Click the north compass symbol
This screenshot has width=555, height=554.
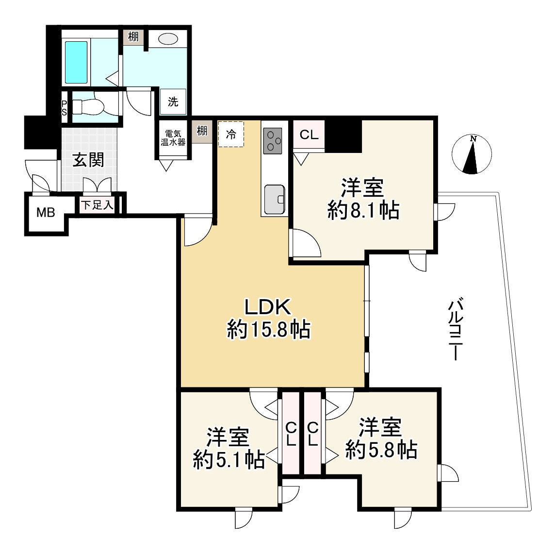click(472, 155)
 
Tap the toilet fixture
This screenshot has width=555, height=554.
click(88, 107)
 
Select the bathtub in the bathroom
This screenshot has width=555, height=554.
click(76, 62)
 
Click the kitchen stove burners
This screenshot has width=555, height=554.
click(273, 141)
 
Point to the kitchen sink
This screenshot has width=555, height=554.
click(275, 200)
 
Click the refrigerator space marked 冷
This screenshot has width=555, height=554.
click(231, 134)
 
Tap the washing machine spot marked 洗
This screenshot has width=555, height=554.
click(173, 101)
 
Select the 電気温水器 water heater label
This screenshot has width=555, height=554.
click(173, 138)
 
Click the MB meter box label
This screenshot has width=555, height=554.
click(46, 213)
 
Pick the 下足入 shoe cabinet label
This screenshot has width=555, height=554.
click(97, 205)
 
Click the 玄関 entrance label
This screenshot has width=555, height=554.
click(88, 160)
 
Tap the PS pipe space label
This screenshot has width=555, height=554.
click(64, 107)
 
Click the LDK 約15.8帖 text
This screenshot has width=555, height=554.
click(268, 318)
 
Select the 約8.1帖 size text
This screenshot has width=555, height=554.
click(363, 210)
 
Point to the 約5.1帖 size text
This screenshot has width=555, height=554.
click(229, 460)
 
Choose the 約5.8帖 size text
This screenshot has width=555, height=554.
click(381, 450)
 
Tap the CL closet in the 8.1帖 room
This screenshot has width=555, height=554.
click(309, 134)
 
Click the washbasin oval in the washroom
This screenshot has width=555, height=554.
click(168, 39)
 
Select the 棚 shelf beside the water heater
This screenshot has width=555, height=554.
click(202, 131)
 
